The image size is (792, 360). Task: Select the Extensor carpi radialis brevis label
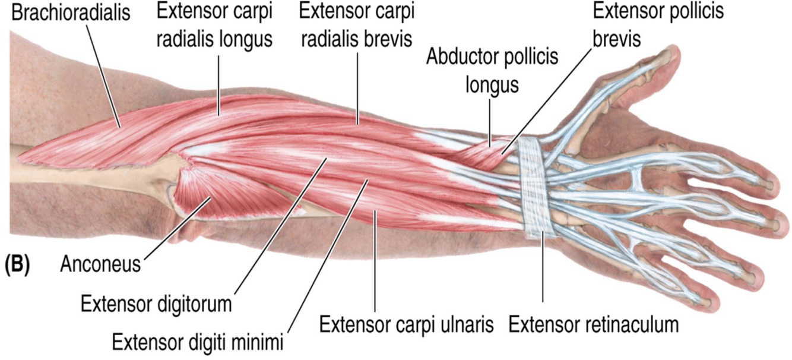(357, 26)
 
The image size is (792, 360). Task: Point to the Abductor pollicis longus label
(492, 72)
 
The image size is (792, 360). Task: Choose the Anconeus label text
(100, 264)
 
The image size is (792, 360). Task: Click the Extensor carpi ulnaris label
(407, 324)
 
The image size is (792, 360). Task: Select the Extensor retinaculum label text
(593, 324)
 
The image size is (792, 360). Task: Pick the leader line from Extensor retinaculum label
(543, 273)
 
